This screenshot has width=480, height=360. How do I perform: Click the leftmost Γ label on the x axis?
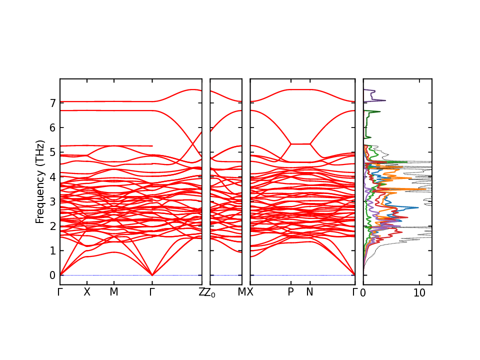coord(60,292)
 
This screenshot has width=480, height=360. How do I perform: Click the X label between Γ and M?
coord(87,292)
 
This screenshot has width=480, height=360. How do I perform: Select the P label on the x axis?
coord(290,292)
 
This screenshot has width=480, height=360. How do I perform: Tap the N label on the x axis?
coord(309,292)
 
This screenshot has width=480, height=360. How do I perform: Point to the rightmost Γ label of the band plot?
coord(355,292)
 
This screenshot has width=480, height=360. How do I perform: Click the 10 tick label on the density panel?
coord(419,292)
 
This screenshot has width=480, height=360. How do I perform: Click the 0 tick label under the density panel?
coord(363,292)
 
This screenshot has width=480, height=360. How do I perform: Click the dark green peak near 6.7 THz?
coord(380,111)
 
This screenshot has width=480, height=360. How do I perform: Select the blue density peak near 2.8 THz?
coord(417,207)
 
